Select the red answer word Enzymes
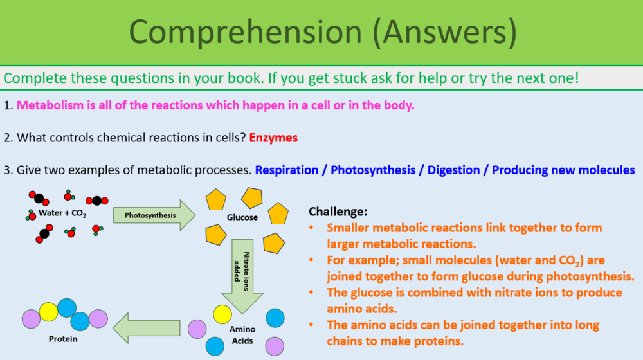pyautogui.click(x=273, y=138)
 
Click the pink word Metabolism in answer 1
pyautogui.click(x=50, y=105)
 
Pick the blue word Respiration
pyautogui.click(x=287, y=170)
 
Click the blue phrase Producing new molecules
pyautogui.click(x=564, y=170)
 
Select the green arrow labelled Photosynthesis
pyautogui.click(x=154, y=215)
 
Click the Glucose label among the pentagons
pyautogui.click(x=242, y=217)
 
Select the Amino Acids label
pyautogui.click(x=242, y=335)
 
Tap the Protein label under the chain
pyautogui.click(x=62, y=339)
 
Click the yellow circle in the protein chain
pyautogui.click(x=49, y=312)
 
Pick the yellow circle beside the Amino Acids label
pyautogui.click(x=222, y=314)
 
